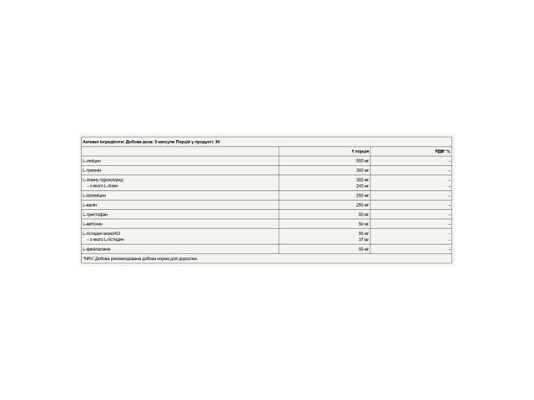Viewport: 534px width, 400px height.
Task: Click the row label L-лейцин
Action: click(x=92, y=160)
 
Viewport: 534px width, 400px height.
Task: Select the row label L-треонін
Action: click(x=93, y=170)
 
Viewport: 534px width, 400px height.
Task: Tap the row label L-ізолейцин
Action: click(x=94, y=195)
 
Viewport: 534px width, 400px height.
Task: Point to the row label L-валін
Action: click(x=90, y=204)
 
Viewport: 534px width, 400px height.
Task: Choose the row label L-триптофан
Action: click(x=95, y=214)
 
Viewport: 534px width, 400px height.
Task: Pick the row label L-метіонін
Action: click(x=93, y=223)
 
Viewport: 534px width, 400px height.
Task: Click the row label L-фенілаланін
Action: click(x=97, y=248)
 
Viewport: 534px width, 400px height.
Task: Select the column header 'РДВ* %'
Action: click(x=442, y=151)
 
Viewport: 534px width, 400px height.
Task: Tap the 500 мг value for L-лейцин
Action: click(x=362, y=160)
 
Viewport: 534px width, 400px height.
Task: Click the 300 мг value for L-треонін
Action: click(x=362, y=170)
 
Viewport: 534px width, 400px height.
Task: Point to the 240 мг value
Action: click(x=362, y=186)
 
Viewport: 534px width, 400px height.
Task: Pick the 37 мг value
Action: click(x=364, y=239)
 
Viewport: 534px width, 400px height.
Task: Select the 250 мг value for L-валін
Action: click(x=362, y=204)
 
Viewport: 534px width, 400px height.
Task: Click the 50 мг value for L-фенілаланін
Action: click(x=364, y=248)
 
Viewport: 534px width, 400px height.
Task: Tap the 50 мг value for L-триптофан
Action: click(x=364, y=214)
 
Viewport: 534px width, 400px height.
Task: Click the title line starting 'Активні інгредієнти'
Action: click(x=151, y=142)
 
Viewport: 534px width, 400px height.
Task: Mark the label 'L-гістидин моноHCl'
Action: click(x=103, y=233)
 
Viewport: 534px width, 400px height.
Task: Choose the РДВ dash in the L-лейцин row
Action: click(x=449, y=160)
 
